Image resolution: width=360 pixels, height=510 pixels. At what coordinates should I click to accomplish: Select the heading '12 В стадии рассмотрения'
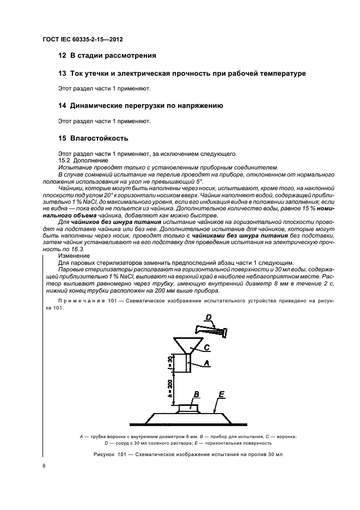click(107, 56)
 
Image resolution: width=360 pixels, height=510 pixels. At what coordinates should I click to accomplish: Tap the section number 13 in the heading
click(62, 73)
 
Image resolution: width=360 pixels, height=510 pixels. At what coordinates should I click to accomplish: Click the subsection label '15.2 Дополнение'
click(82, 161)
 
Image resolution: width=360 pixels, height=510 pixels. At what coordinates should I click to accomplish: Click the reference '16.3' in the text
click(72, 248)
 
